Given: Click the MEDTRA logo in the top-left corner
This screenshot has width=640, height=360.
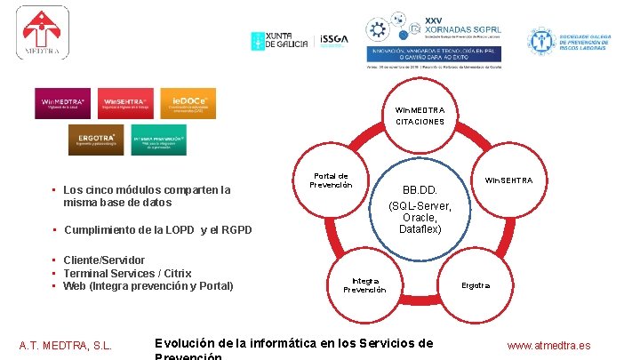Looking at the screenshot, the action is (x=42, y=35).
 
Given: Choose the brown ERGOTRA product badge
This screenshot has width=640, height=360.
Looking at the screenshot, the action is (x=96, y=139).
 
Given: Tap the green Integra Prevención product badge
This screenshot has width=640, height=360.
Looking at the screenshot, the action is (x=158, y=139).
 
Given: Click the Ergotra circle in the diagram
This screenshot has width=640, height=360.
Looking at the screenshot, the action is (x=475, y=285).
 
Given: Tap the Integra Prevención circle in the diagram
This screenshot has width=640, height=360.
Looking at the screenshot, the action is (x=364, y=284).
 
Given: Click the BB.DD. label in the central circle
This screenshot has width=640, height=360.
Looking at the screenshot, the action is (x=420, y=190).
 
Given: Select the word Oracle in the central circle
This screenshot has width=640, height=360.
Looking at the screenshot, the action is (x=420, y=217).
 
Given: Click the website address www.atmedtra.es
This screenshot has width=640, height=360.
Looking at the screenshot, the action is (x=548, y=346).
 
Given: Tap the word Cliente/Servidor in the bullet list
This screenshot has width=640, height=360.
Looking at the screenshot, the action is (x=104, y=260).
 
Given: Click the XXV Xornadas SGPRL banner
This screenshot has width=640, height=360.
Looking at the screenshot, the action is (x=435, y=40).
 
